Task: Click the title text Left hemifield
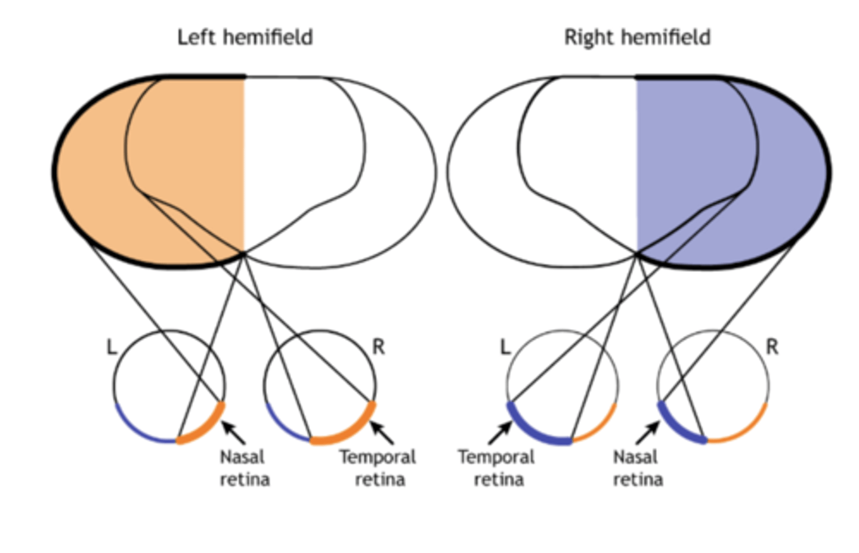click(x=245, y=38)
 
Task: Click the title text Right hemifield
click(x=637, y=38)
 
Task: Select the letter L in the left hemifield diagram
click(x=112, y=347)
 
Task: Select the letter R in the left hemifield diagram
click(x=378, y=347)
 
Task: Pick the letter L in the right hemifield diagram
click(x=505, y=347)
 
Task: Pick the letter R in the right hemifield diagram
click(x=772, y=347)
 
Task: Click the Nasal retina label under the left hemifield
click(x=244, y=468)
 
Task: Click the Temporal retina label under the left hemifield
click(x=378, y=468)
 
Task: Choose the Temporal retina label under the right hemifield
click(x=496, y=468)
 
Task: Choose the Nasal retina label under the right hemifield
click(x=637, y=468)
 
